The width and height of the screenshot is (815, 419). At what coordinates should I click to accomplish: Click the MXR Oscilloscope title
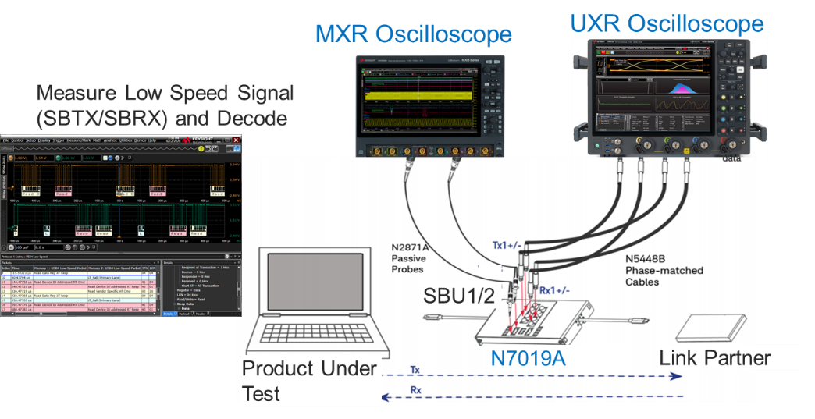(x=413, y=34)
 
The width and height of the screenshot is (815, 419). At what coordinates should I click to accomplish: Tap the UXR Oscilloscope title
(x=666, y=23)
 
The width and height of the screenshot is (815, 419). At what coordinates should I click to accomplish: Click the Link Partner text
(x=714, y=358)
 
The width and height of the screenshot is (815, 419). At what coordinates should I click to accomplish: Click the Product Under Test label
(x=309, y=380)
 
